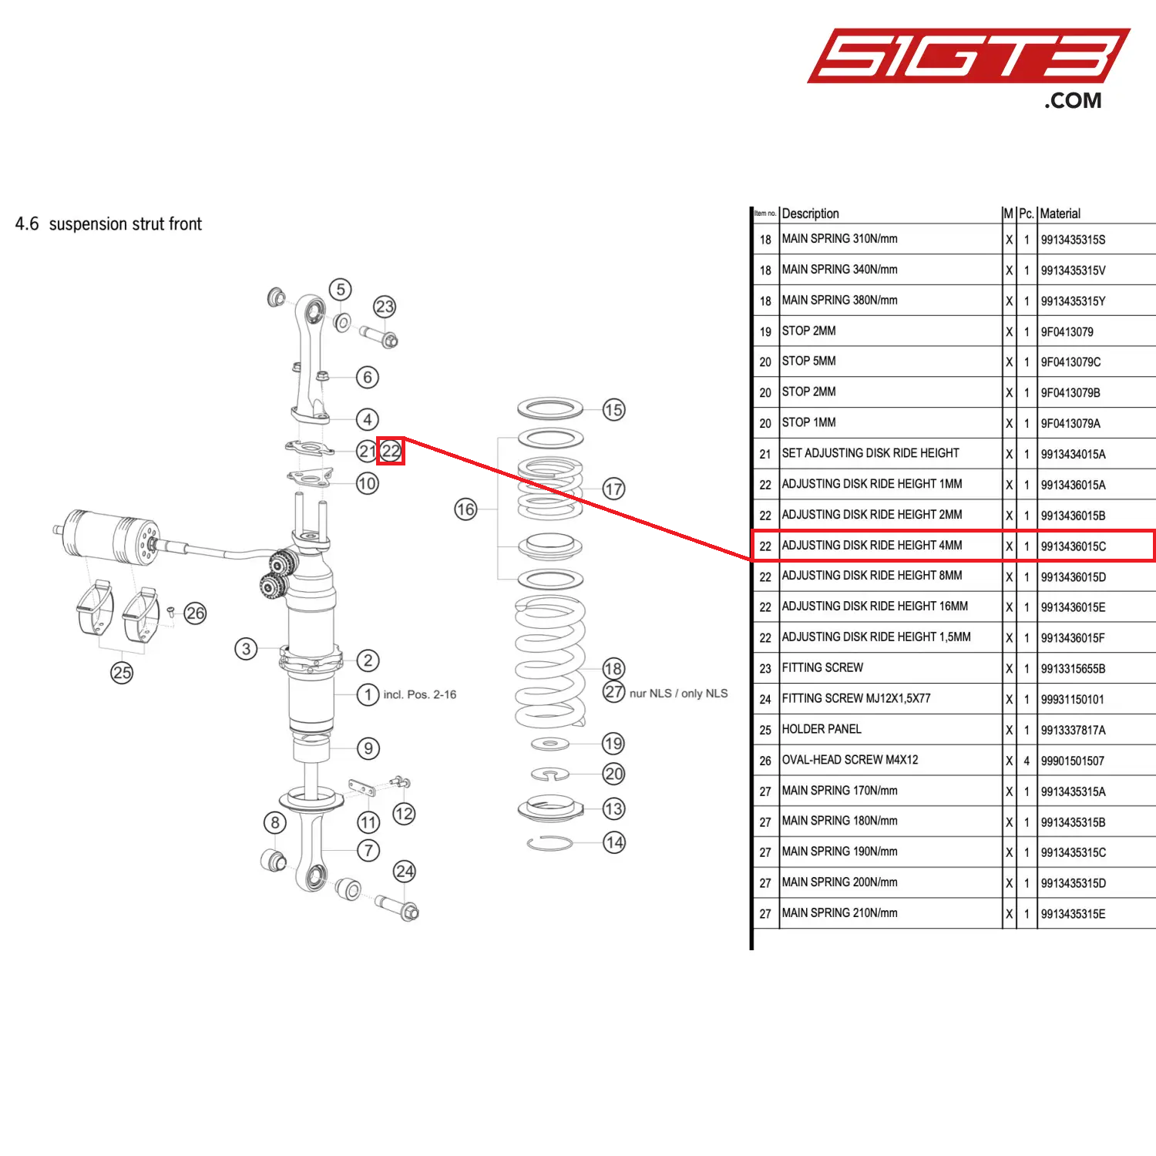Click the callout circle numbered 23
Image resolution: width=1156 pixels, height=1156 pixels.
385,307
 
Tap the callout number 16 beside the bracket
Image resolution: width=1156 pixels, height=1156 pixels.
465,509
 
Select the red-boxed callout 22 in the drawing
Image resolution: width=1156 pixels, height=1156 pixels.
391,451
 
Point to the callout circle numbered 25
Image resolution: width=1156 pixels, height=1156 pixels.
122,673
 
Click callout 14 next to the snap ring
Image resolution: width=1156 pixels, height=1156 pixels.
614,842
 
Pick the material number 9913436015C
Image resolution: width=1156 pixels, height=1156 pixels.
1073,546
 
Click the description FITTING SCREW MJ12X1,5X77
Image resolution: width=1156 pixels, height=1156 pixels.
856,698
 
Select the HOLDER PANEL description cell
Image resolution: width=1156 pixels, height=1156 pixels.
822,729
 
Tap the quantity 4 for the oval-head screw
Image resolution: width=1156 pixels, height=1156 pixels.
1027,761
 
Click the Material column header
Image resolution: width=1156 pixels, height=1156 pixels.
1060,213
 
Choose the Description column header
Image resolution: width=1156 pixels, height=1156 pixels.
810,213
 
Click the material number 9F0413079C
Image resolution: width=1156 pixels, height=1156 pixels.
1070,362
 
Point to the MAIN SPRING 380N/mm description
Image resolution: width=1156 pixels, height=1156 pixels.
839,300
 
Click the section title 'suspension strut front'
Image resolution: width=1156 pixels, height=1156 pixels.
125,224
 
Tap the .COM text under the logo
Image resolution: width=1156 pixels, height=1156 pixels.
1073,101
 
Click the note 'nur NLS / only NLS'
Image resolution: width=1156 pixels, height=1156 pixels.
678,694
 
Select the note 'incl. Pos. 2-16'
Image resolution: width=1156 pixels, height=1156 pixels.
419,694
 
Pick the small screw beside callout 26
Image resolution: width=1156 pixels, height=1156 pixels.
170,612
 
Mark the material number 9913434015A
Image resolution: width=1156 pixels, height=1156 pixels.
1073,455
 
